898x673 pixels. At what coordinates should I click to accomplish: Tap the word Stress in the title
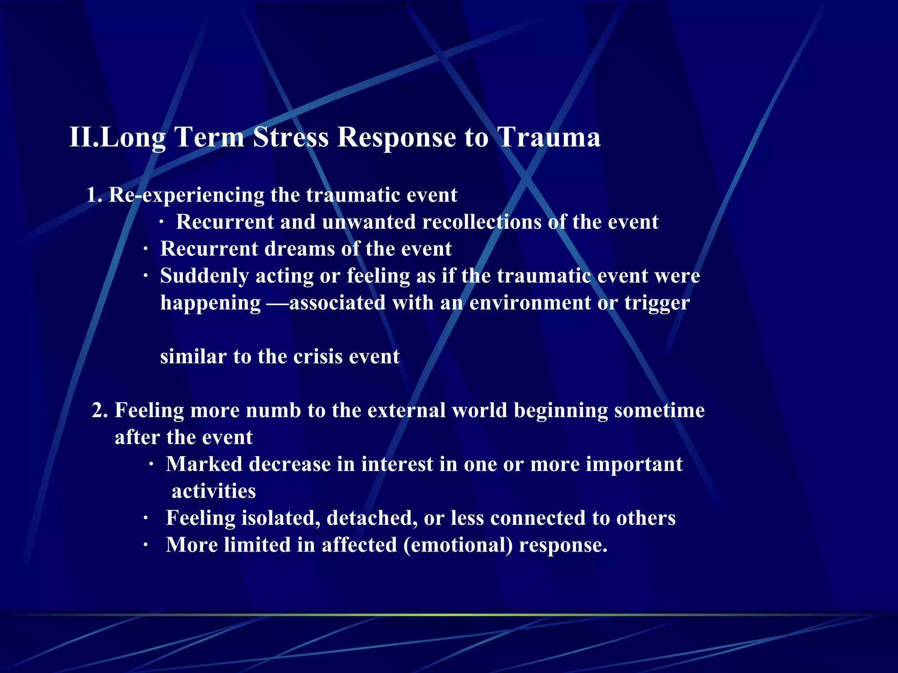click(x=291, y=138)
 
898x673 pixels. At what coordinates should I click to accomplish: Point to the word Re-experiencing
click(x=186, y=195)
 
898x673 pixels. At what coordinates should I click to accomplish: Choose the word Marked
click(x=204, y=464)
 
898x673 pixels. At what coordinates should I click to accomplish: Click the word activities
click(x=214, y=491)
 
